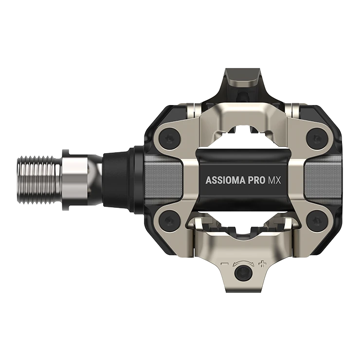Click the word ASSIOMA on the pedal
pos(225,180)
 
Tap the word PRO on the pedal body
pos(256,180)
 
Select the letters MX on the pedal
pos(274,180)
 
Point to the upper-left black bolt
pos(170,139)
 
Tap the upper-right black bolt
pos(316,139)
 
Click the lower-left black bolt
pos(169,220)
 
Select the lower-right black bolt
pos(316,220)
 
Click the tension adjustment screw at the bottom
pos(243,273)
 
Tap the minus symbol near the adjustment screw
pos(225,264)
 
